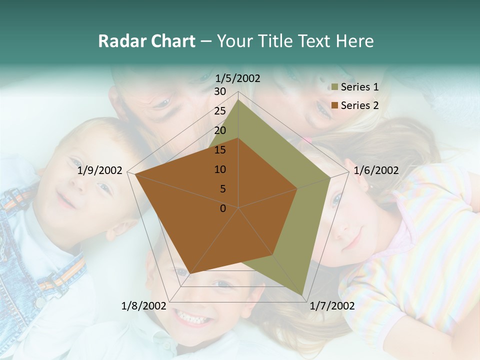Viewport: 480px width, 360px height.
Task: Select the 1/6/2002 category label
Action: coord(376,170)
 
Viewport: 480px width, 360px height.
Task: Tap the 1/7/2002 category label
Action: coord(332,306)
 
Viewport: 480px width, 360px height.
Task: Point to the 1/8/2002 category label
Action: coord(143,306)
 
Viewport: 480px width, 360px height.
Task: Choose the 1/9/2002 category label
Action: coord(99,170)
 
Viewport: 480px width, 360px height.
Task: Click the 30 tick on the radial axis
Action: coord(220,91)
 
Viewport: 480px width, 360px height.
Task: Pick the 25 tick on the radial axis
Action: coord(220,111)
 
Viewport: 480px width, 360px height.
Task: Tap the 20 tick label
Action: coord(220,130)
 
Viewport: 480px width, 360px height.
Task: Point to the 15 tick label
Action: coord(220,150)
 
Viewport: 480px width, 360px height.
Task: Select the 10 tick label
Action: coord(220,169)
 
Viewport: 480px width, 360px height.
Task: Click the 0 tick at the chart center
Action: coord(223,208)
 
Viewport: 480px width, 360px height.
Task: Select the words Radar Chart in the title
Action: coord(146,41)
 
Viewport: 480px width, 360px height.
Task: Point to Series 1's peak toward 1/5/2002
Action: coord(238,99)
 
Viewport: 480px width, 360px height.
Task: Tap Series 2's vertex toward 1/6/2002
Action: coord(297,188)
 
